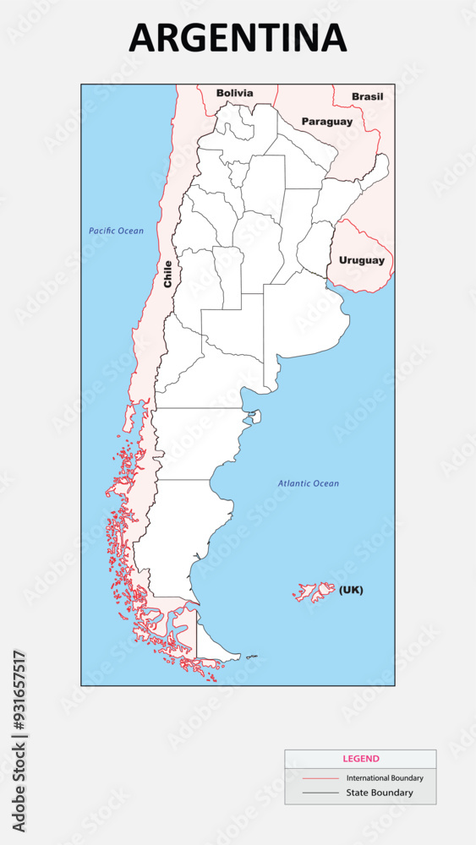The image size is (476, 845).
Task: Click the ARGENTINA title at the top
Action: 238,38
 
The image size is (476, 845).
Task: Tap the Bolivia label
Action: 234,93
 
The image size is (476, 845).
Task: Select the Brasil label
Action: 367,96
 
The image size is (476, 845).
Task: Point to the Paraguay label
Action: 327,122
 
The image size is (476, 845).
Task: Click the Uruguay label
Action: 361,260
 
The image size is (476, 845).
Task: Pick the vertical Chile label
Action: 167,274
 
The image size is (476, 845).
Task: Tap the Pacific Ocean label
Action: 116,231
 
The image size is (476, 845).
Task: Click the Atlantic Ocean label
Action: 309,483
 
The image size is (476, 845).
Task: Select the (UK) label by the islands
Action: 351,590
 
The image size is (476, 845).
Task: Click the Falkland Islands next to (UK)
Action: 315,591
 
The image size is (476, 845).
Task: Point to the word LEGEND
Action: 360,759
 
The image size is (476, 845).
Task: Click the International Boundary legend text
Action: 385,777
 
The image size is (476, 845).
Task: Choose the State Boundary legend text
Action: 380,793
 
